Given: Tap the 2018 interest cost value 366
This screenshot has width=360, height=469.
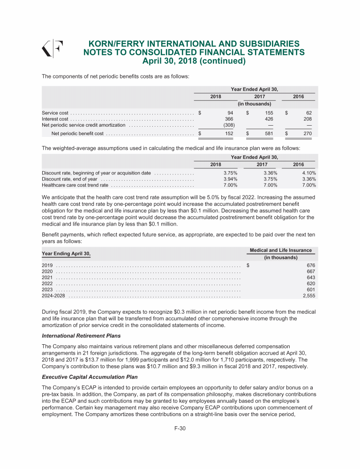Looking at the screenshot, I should click(x=229, y=119).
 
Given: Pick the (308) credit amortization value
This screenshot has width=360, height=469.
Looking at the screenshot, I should click(x=229, y=125).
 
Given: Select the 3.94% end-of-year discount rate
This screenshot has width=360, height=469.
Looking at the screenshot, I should click(x=229, y=179).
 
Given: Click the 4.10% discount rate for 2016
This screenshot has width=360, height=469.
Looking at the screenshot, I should click(x=308, y=173).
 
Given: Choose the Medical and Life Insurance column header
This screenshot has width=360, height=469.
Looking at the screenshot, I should click(x=281, y=250).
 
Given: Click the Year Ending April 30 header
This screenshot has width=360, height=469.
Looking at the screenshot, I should click(x=66, y=254).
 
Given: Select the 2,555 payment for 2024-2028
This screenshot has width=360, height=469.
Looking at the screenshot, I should click(x=308, y=296).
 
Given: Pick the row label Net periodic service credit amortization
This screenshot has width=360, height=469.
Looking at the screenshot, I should click(x=83, y=125).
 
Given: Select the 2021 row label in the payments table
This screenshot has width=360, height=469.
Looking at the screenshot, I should click(x=47, y=278).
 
